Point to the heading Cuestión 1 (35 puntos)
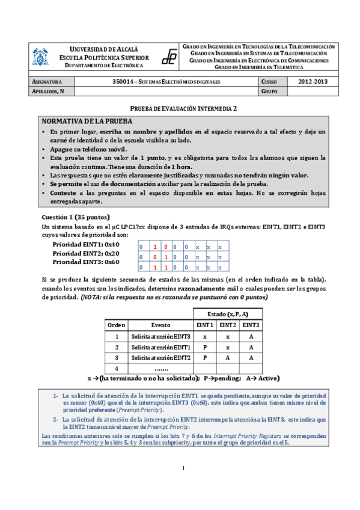[x=76, y=217]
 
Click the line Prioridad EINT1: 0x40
[x=86, y=245]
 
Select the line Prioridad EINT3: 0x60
[x=86, y=262]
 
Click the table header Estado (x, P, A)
[x=227, y=313]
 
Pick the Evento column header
[x=160, y=325]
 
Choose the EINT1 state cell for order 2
[x=204, y=346]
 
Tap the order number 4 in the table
[x=117, y=367]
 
